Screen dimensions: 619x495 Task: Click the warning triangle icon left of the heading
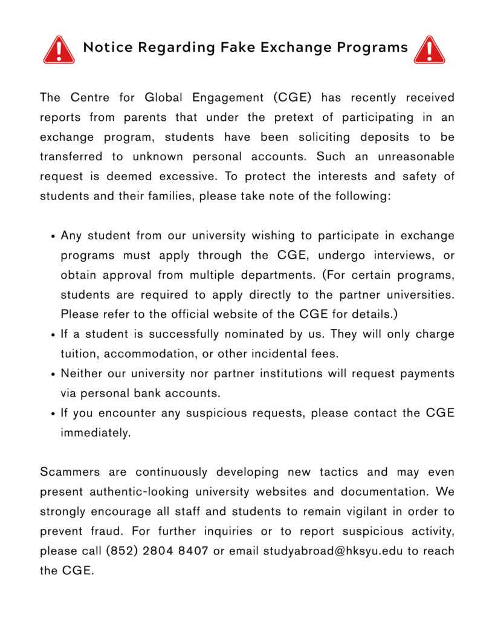[59, 50]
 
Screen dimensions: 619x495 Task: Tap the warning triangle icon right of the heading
[429, 50]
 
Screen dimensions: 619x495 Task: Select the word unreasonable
[416, 157]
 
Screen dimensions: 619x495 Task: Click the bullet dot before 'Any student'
[53, 236]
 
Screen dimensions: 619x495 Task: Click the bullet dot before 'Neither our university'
[53, 374]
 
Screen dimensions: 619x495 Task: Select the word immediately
[95, 433]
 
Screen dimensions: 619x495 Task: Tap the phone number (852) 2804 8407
[157, 551]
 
